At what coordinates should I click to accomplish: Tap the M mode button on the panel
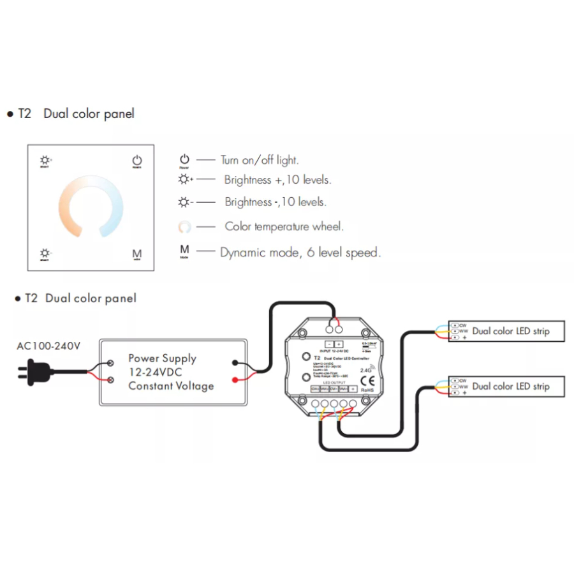[136, 254]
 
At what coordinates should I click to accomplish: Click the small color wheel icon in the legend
[184, 227]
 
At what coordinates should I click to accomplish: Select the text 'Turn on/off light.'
[260, 161]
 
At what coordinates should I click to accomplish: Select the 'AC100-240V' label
[48, 346]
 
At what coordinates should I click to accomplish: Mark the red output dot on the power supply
[235, 380]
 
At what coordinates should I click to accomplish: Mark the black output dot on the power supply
[235, 363]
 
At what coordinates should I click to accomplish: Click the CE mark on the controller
[367, 379]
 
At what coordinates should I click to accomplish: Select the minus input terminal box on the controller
[329, 344]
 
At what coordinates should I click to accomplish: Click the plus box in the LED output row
[353, 389]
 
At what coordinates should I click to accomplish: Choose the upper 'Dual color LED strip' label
[510, 332]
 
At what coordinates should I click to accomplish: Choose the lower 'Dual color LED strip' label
[510, 386]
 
